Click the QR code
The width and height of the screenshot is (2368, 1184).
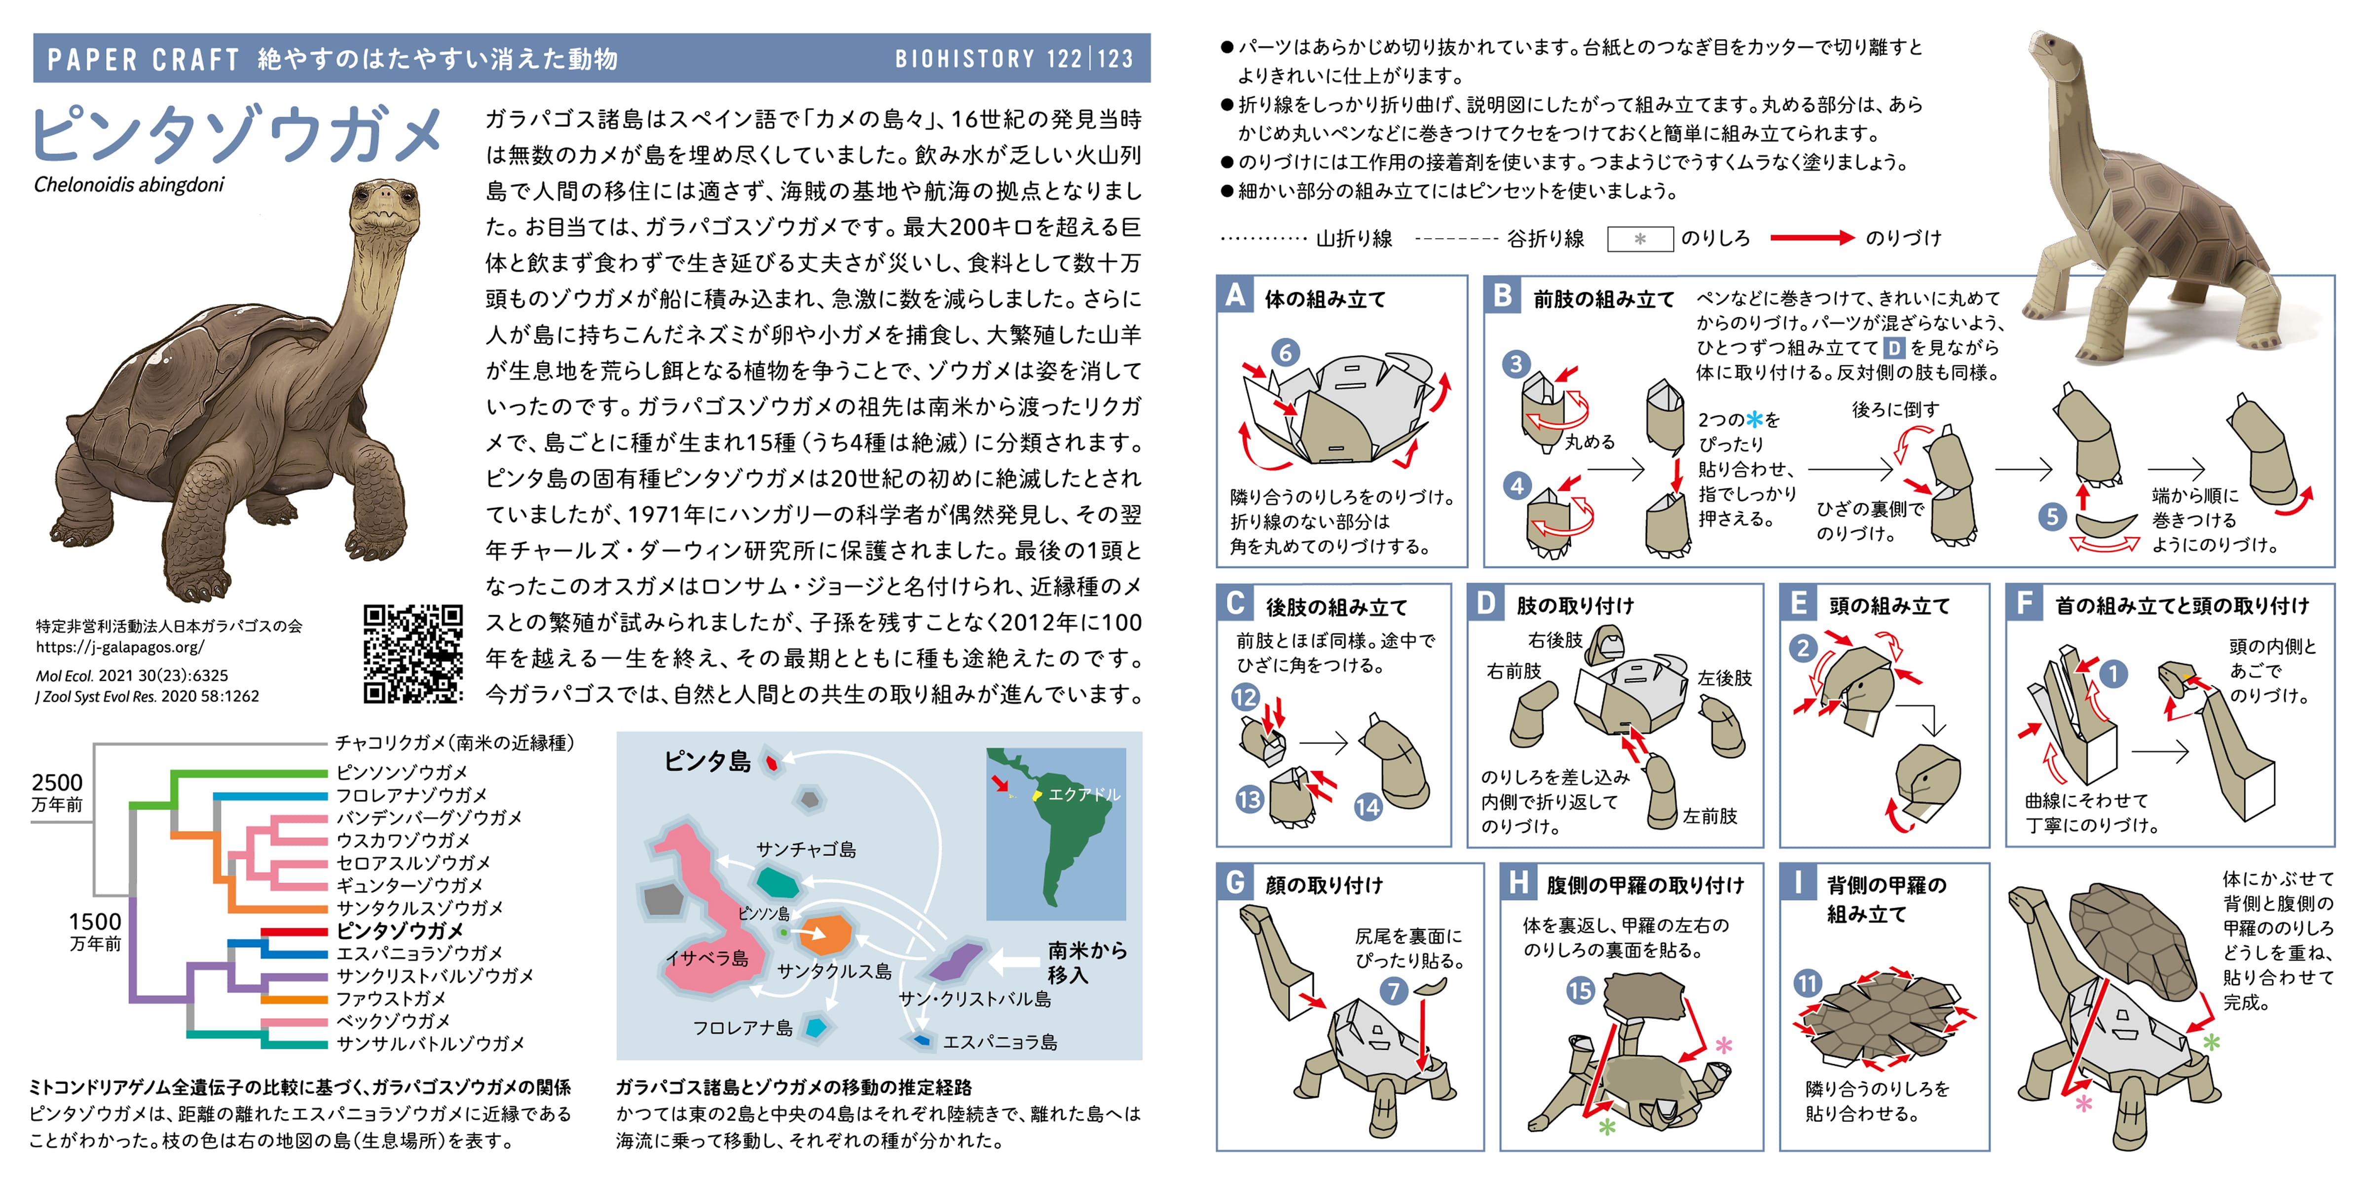[x=413, y=654]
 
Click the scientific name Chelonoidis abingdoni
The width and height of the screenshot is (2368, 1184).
[x=129, y=185]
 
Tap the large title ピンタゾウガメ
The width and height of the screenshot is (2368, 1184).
[x=237, y=134]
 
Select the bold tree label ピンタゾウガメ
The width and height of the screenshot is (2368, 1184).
[x=400, y=930]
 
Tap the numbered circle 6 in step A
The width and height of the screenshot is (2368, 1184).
[x=1285, y=352]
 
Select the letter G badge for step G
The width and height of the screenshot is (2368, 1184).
[x=1235, y=883]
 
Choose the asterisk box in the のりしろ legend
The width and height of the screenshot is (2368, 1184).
[x=1640, y=239]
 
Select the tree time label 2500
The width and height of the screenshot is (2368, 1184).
[x=57, y=782]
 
